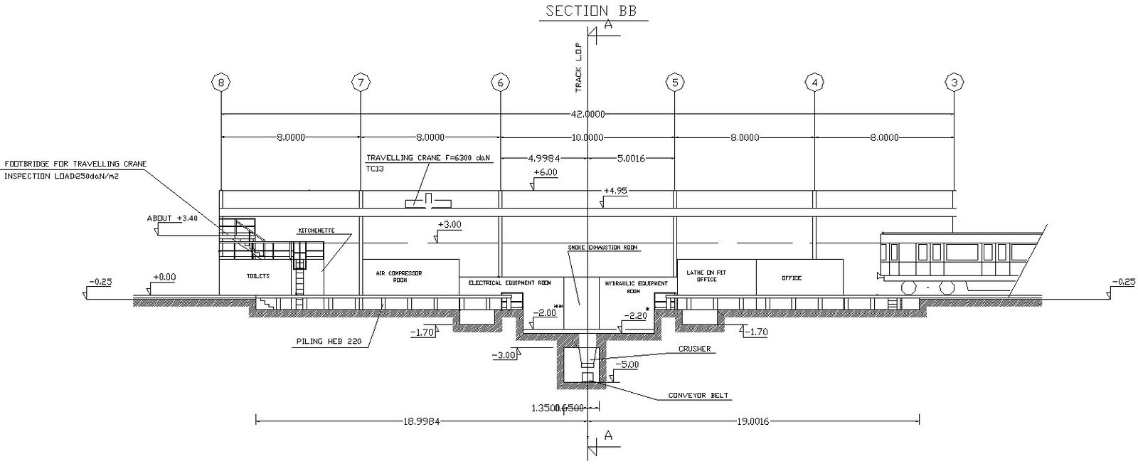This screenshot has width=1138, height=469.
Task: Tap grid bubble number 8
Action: [221, 83]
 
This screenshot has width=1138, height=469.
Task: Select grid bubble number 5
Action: [675, 83]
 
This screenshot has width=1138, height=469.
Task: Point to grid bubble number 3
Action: [954, 83]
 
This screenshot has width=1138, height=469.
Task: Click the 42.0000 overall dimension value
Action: [587, 114]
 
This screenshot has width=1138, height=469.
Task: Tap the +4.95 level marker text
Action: [615, 191]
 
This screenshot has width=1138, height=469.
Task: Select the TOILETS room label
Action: [257, 276]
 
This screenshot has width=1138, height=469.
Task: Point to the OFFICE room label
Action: [792, 278]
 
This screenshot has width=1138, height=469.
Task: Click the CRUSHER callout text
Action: [694, 349]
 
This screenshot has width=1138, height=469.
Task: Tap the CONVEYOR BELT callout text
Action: [698, 396]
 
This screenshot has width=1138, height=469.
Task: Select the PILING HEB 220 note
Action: [329, 342]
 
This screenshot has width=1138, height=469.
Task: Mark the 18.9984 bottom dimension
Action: [422, 421]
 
